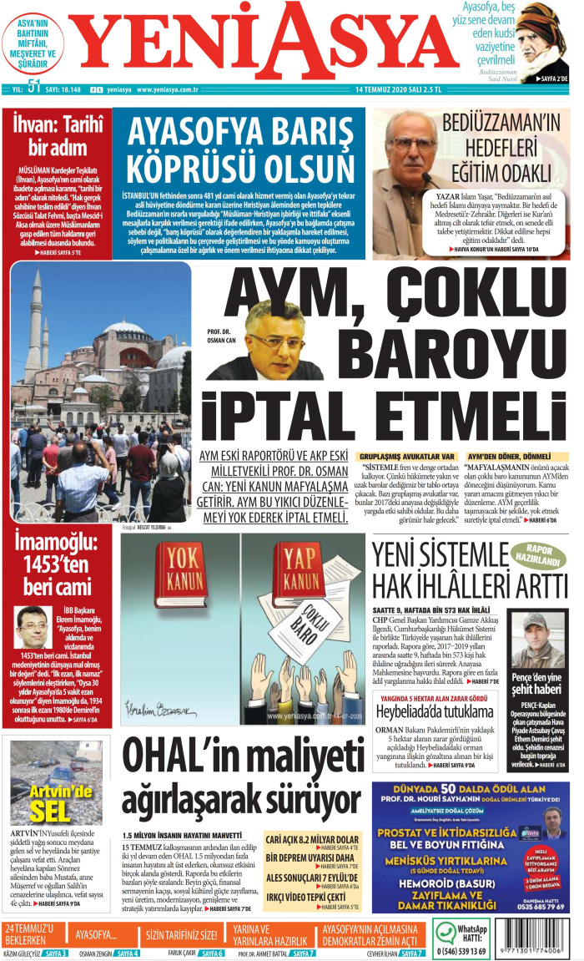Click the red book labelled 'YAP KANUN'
302,576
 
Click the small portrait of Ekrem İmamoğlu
32,626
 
